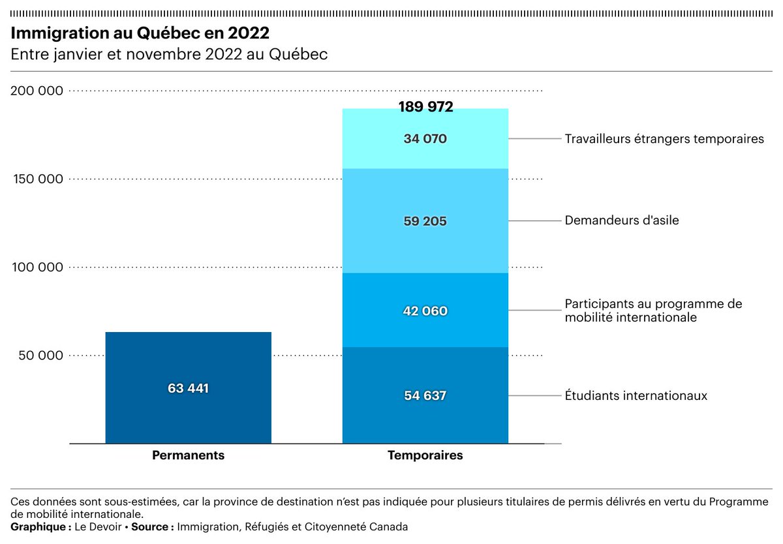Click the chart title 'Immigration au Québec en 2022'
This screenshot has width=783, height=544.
coord(140,33)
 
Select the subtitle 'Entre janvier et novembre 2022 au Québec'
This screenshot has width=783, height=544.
coord(169,55)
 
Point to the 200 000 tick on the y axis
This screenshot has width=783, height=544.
coord(37,91)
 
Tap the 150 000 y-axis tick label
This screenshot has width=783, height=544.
coord(37,179)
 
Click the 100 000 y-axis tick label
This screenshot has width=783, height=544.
coord(37,267)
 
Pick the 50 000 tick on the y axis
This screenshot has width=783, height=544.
coord(40,355)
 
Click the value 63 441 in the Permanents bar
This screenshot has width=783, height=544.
coord(188,388)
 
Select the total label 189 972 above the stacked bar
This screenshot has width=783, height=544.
coord(425,108)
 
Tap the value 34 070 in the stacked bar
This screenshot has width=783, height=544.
coord(425,138)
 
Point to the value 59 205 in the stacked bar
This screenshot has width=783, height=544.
coord(425,221)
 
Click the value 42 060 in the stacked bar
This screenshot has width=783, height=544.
coord(425,311)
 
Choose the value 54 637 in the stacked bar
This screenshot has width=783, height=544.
coord(425,395)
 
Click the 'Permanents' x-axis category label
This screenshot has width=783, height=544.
coord(188,455)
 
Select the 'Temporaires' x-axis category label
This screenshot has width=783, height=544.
coord(425,455)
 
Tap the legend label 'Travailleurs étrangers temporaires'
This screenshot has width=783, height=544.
coord(664,139)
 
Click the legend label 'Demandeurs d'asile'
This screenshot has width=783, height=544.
coord(622,220)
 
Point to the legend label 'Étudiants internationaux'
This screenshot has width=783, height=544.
coord(636,396)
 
